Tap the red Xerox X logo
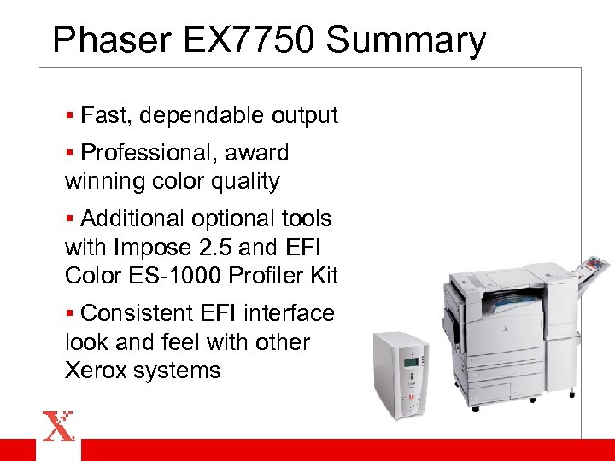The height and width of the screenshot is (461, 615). [x=59, y=426]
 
